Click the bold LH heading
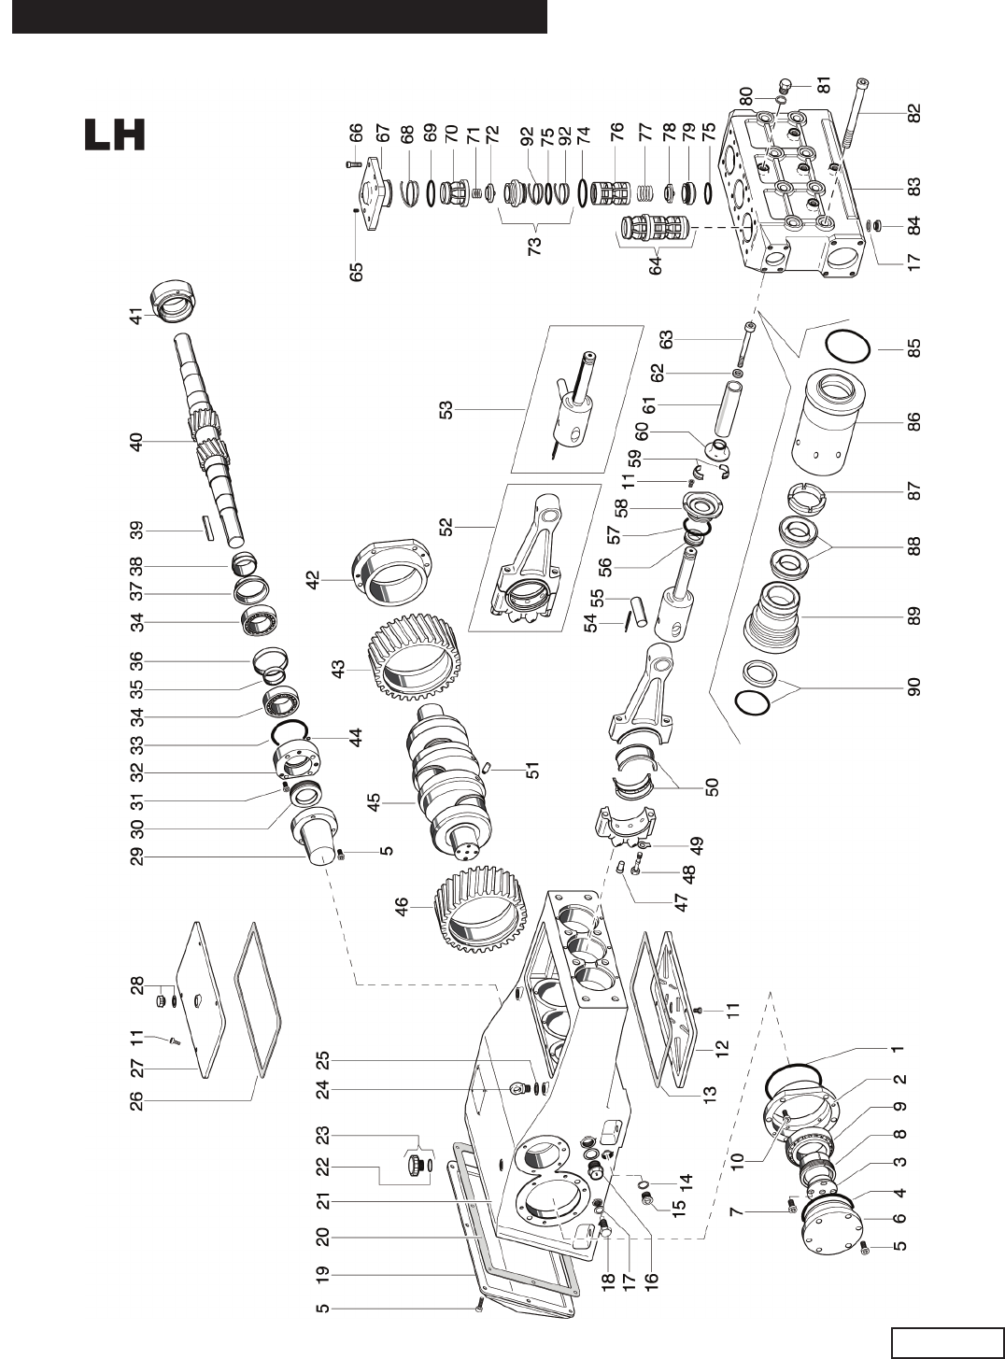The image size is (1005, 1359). tap(115, 134)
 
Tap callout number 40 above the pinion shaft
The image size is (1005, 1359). tap(136, 442)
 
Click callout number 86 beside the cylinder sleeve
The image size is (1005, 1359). tap(913, 421)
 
